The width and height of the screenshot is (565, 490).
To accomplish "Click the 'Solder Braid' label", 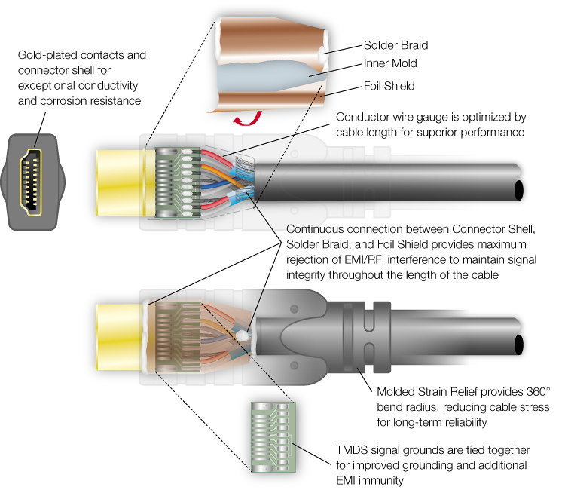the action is click(x=395, y=45).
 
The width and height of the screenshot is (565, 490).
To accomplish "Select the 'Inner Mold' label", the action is click(x=390, y=63).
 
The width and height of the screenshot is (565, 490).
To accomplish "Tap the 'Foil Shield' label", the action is click(x=389, y=86).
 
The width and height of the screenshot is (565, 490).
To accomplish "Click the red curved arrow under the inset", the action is click(x=248, y=118).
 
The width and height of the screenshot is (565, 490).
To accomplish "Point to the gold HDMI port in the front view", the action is click(x=31, y=182).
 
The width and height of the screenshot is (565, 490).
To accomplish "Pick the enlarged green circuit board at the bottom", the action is click(x=273, y=437).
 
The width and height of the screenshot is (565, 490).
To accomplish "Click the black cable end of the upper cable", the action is click(x=519, y=191).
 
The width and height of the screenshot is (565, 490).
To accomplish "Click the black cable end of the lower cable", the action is click(x=519, y=345).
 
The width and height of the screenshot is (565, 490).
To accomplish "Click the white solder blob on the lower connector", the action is click(x=241, y=336).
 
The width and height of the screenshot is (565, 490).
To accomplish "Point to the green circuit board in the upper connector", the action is click(x=178, y=182).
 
